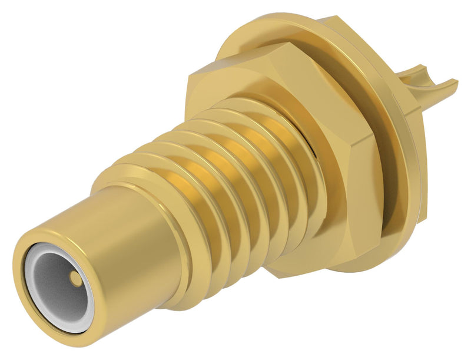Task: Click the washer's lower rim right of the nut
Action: click(389, 224)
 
